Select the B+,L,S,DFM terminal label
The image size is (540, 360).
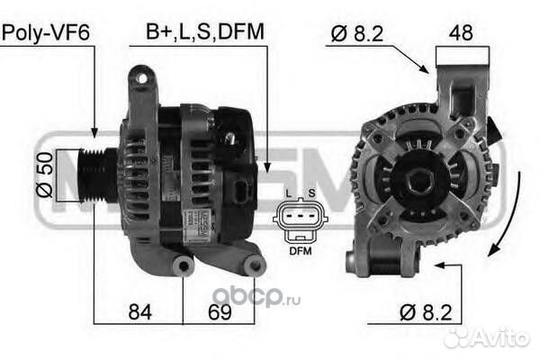pyautogui.click(x=204, y=33)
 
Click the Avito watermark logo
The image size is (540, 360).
pyautogui.click(x=487, y=336)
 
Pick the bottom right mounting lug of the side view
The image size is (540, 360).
pyautogui.click(x=254, y=265)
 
